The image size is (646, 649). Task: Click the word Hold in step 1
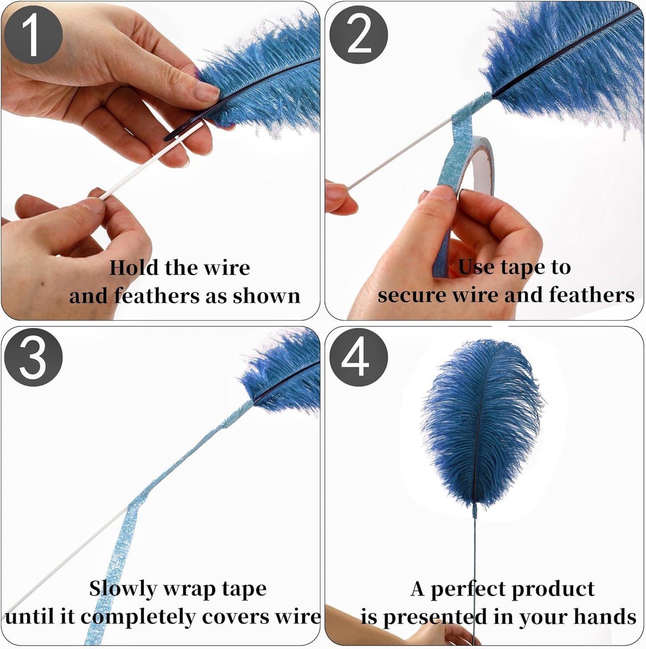tap(134, 268)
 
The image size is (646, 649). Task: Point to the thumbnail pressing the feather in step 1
tap(206, 91)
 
